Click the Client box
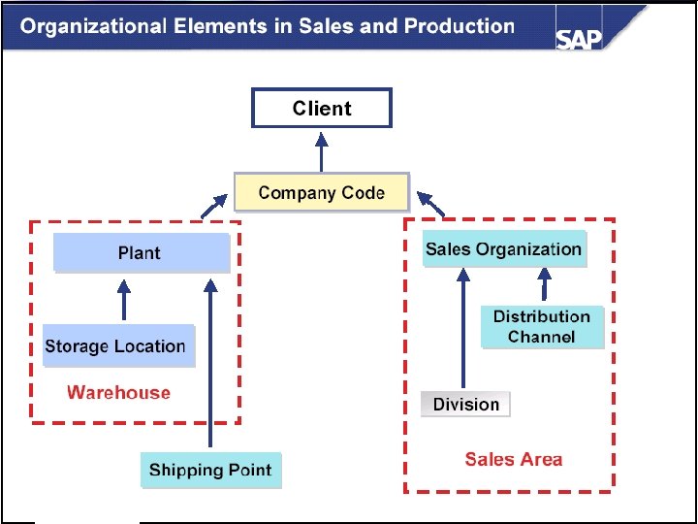tap(322, 109)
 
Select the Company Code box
tap(322, 192)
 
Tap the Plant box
tap(141, 252)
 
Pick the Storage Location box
tap(116, 346)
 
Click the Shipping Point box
tap(210, 471)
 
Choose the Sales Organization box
tap(504, 249)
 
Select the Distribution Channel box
tap(542, 327)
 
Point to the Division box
tap(466, 405)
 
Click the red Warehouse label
tap(118, 393)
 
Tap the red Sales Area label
tap(513, 459)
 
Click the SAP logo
tap(579, 38)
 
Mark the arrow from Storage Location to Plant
tap(123, 300)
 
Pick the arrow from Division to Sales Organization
tap(463, 330)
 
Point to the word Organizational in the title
tap(89, 26)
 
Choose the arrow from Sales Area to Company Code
tap(431, 204)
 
